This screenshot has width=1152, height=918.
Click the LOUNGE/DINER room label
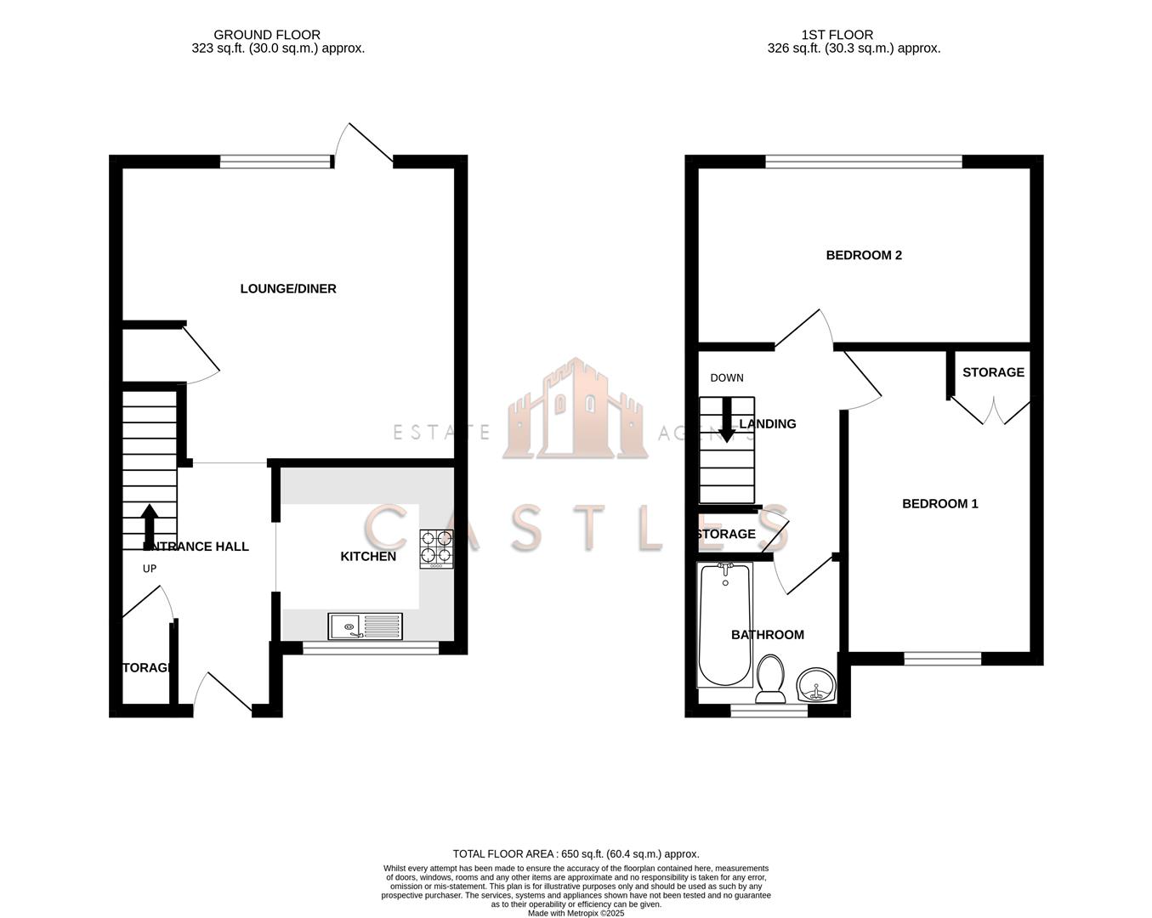click(x=288, y=289)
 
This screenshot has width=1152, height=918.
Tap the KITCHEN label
click(x=368, y=557)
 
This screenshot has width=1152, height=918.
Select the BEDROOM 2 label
click(x=864, y=255)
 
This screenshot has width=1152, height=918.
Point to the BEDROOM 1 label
click(x=939, y=504)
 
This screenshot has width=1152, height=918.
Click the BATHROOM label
click(x=767, y=635)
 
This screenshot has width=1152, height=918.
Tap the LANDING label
click(x=768, y=424)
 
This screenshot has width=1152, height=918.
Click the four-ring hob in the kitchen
click(x=436, y=548)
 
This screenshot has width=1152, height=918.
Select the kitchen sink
click(x=366, y=626)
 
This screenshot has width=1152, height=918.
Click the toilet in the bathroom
click(x=771, y=679)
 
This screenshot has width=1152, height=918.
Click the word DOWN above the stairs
click(x=727, y=378)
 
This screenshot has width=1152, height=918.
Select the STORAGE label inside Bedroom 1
click(x=993, y=372)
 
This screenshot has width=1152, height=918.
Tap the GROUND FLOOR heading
click(x=267, y=35)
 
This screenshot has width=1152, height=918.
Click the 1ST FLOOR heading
click(x=837, y=35)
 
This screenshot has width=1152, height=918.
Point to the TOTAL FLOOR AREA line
click(x=576, y=854)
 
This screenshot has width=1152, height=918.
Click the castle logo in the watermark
click(x=576, y=410)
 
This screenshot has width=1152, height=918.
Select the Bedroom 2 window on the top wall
click(x=864, y=161)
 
